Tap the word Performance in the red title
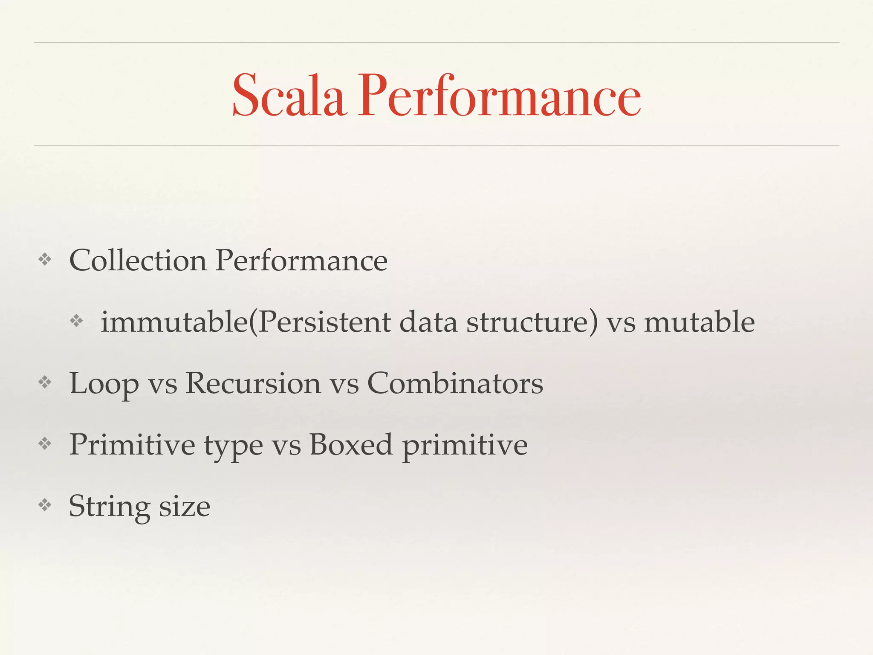499,96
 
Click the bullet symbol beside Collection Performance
45,259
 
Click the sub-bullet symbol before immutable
76,321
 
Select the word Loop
104,384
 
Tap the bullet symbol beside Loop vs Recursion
45,382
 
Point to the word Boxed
350,445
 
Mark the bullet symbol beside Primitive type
45,443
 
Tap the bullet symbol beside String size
45,505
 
